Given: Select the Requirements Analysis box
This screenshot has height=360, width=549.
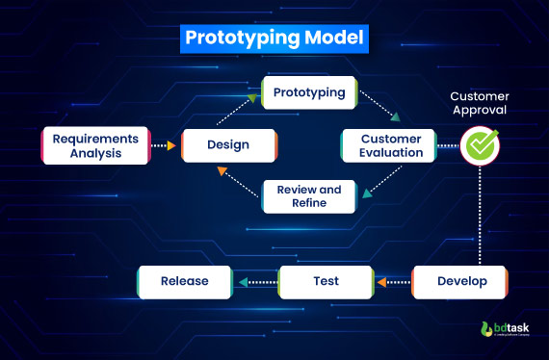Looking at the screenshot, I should pyautogui.click(x=95, y=144).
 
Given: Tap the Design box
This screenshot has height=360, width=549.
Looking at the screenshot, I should pyautogui.click(x=228, y=145).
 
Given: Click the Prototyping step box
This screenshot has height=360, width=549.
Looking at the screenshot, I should pyautogui.click(x=309, y=93).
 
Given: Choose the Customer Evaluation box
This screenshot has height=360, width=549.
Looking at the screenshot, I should pyautogui.click(x=390, y=145).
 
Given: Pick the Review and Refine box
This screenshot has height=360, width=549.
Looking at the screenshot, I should pyautogui.click(x=309, y=196).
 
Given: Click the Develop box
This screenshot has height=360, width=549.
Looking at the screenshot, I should pyautogui.click(x=459, y=282).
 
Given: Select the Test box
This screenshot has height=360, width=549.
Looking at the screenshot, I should pyautogui.click(x=327, y=282).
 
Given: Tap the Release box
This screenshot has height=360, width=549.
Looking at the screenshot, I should pyautogui.click(x=185, y=282).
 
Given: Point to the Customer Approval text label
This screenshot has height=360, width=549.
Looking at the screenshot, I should pyautogui.click(x=479, y=103).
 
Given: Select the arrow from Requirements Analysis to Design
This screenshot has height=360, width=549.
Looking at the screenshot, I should pyautogui.click(x=166, y=146).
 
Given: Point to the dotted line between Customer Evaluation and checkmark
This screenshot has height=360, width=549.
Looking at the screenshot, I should pyautogui.click(x=446, y=146).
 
